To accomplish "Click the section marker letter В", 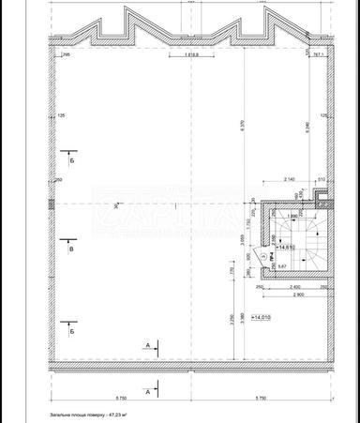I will coord(71,250).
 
